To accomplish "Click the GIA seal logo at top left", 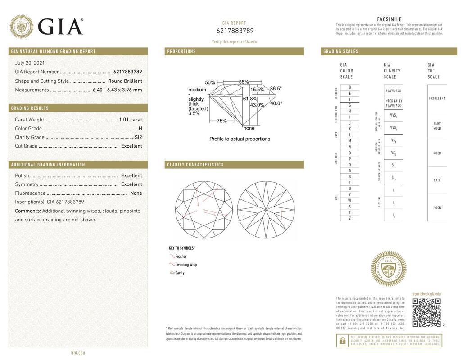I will pos(21,27).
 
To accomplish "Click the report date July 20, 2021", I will pos(30,63).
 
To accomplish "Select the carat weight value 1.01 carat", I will pos(130,120).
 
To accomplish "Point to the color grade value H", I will pos(140,129).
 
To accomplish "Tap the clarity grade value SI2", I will pos(138,137).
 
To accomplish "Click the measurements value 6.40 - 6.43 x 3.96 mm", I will pos(117,90).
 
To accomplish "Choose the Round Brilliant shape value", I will pos(125,81).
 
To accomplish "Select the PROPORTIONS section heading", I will pos(181,52).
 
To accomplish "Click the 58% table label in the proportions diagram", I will pos(244,82).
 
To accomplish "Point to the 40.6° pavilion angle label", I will pos(276,103).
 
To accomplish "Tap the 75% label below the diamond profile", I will pos(222,121).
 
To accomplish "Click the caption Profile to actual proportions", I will pos(240,139).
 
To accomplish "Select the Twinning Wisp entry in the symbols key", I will pos(185,265).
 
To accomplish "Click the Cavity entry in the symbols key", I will pos(179,273).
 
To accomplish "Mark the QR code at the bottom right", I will pos(426,312).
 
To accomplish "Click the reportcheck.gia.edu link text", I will pos(425,294).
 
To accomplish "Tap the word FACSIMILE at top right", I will pos(389,19).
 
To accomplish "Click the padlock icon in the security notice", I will pos(342,341).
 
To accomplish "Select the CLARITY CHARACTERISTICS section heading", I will pos(195,165).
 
